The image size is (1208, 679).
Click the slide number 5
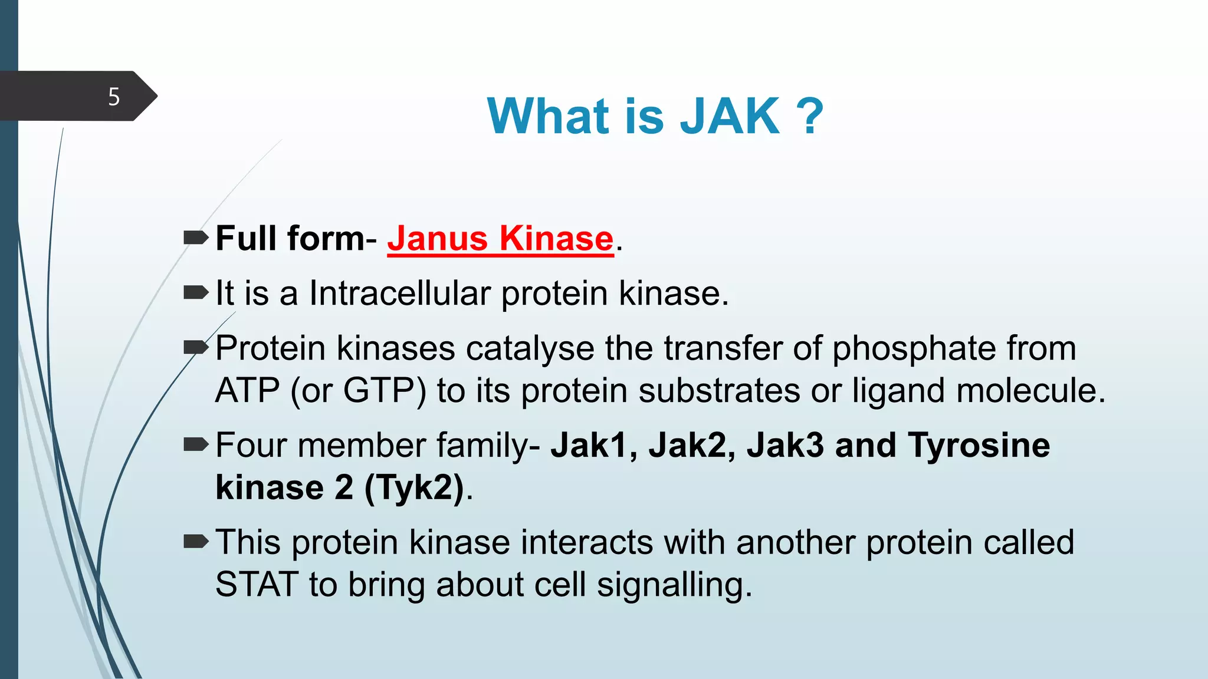[114, 97]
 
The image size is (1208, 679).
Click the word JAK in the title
[730, 116]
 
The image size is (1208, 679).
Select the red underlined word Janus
[437, 239]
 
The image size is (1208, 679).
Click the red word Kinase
[556, 239]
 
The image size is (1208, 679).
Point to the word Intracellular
[400, 293]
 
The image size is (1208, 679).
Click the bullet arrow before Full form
[196, 238]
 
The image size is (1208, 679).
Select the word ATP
[247, 391]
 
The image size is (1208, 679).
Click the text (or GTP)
[358, 391]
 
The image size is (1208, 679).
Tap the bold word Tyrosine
[979, 445]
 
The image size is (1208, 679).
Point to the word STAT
[257, 585]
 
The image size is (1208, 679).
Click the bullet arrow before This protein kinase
[196, 542]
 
